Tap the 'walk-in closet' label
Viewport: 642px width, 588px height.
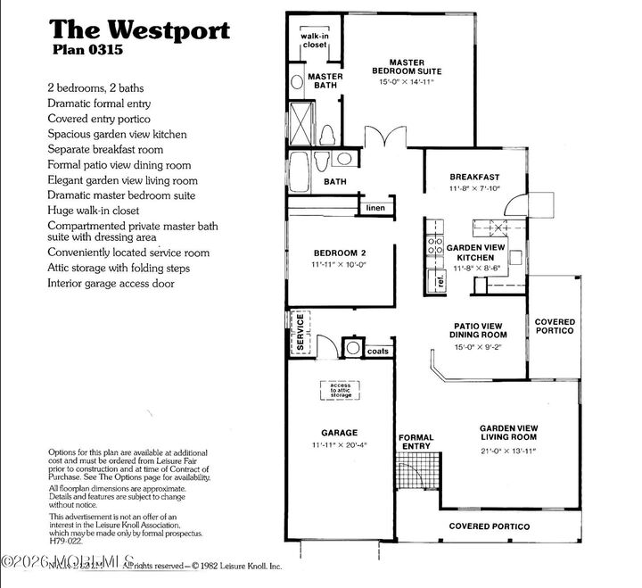315,41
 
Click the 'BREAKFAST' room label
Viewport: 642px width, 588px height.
473,177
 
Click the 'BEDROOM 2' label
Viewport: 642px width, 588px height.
339,253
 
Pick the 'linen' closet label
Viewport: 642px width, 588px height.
374,208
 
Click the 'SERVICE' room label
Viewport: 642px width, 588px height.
300,331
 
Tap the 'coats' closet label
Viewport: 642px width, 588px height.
378,351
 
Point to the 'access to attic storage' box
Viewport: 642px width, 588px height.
339,389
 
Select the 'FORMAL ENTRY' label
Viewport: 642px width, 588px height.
416,441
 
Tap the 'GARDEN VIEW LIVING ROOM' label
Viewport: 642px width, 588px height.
506,433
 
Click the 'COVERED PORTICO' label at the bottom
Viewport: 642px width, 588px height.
489,526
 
